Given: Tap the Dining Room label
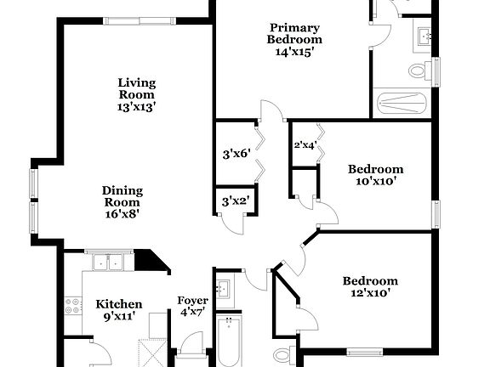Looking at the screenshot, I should pos(122,202).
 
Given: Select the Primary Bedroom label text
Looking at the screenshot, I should pos(294,33).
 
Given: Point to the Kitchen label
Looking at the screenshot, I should pos(118,310).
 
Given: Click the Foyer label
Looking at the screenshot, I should pos(192,306).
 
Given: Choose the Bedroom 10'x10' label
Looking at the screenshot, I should pos(375,174).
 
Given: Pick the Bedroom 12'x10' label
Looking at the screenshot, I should pos(370,287).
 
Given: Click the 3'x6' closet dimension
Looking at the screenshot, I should pos(234,154).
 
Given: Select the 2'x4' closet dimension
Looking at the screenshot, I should pos(305,145).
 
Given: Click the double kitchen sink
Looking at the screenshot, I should pos(108,263).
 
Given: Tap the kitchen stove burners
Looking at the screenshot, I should pos(72,306).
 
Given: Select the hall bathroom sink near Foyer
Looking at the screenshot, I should pos(223,289).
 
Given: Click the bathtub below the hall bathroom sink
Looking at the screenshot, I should pos(229,340).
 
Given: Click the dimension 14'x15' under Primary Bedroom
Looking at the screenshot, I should pos(294,52).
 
